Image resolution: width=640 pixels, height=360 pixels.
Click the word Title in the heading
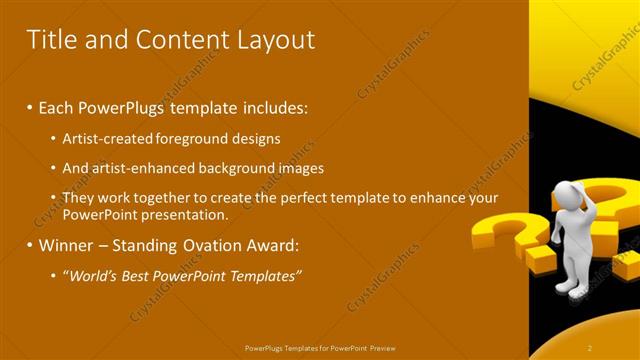51,40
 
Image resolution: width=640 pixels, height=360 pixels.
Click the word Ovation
200,245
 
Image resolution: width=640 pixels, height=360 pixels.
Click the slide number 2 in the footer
590,347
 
